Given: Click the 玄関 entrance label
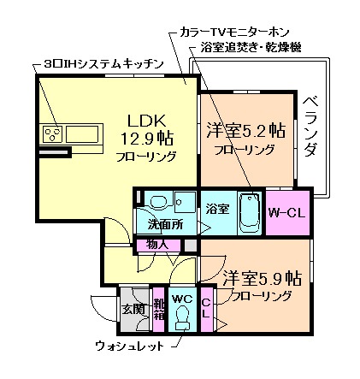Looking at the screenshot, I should pos(132,309).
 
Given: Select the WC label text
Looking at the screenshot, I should pos(181,299).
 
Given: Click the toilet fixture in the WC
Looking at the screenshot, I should pos(181,319).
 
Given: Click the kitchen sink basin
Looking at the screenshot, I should pos(84,133).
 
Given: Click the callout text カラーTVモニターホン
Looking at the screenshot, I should pos(227,30).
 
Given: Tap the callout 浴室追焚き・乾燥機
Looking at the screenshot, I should pos(250,47).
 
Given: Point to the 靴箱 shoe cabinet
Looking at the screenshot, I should pos(158,310).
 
